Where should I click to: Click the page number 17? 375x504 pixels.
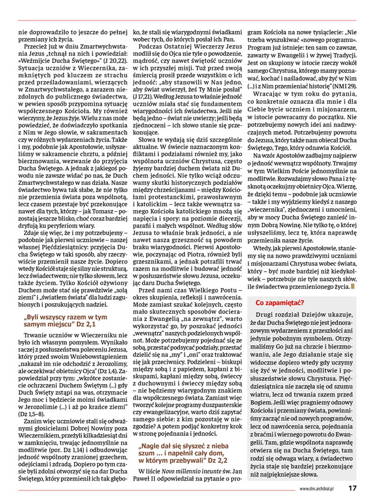click(x=353, y=488)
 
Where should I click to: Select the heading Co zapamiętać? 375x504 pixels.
click(x=279, y=303)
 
